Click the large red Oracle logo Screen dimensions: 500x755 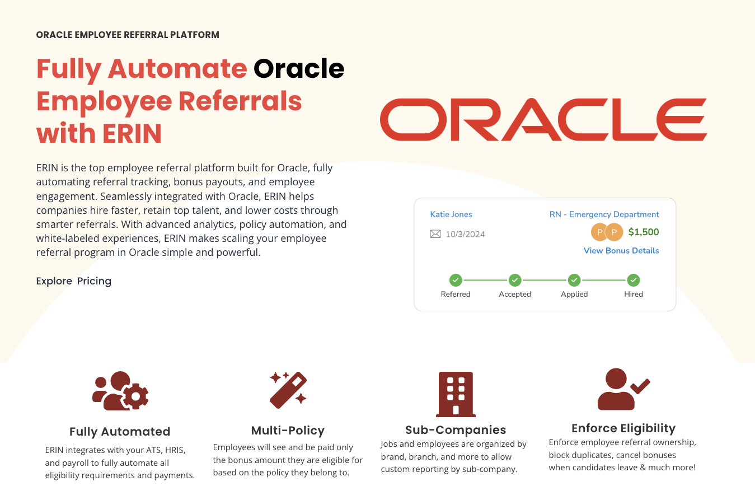(543, 120)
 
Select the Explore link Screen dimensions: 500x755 (54, 281)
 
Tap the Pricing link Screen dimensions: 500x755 (94, 281)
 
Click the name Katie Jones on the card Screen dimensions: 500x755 (451, 214)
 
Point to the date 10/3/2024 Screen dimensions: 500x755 (465, 234)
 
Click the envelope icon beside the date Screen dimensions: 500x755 (435, 234)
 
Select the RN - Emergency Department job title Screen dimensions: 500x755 (604, 214)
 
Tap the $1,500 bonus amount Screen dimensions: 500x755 (644, 232)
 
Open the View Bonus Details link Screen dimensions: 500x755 (621, 251)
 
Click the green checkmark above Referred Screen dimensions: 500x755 (456, 280)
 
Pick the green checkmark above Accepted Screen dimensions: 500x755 (515, 280)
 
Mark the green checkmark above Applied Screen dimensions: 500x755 (574, 280)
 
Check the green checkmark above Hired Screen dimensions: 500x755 (634, 280)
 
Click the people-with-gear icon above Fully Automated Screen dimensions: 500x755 (120, 391)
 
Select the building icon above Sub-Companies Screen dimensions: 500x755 (456, 394)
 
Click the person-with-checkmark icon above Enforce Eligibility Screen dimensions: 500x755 (622, 389)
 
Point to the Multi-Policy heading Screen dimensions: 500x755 (288, 431)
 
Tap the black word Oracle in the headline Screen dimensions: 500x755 (299, 69)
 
